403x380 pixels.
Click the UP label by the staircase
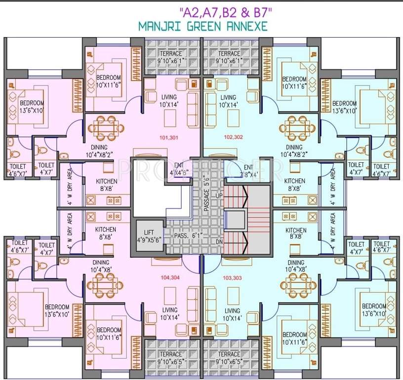(219, 196)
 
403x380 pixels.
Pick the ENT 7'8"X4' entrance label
(248, 171)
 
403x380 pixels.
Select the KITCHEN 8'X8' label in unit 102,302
(295, 185)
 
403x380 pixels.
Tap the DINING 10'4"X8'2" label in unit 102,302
(294, 151)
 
